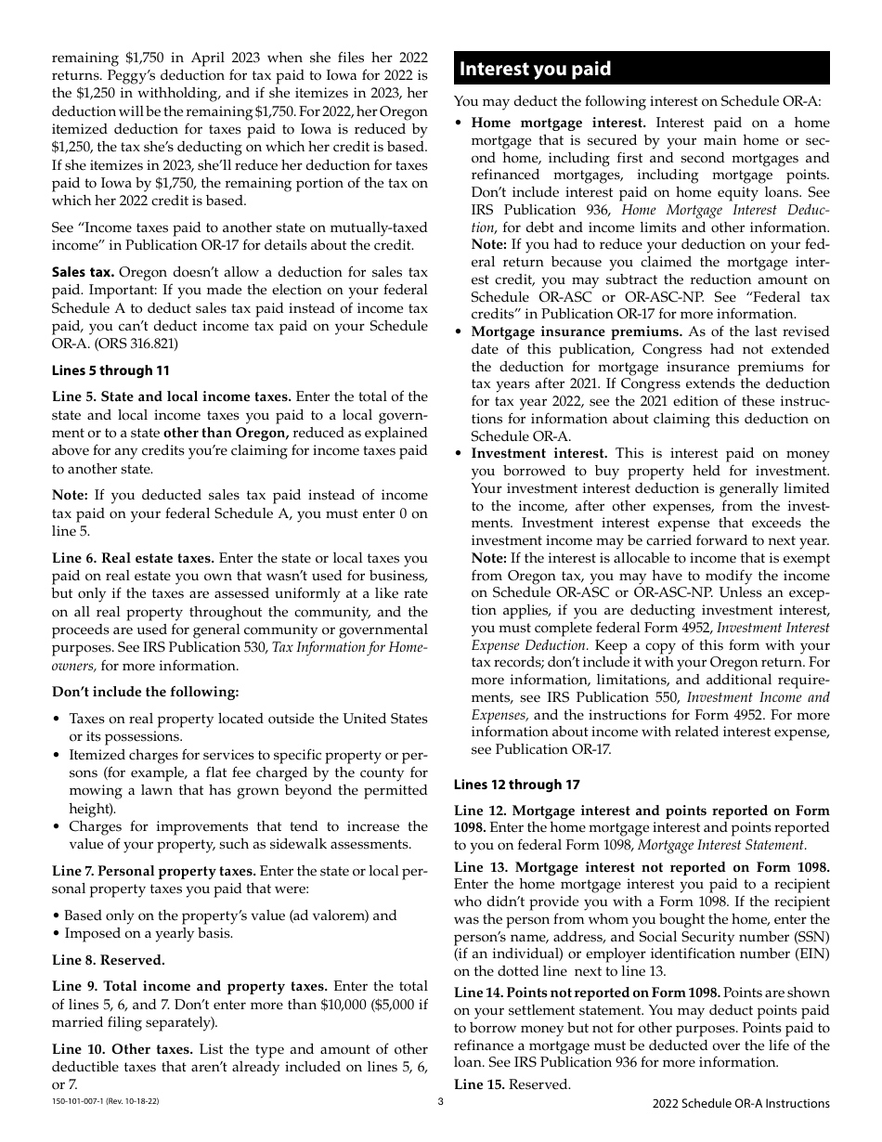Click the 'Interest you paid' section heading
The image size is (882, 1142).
pyautogui.click(x=536, y=69)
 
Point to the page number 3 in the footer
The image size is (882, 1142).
pyautogui.click(x=441, y=1102)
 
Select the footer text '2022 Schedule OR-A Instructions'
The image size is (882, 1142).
pyautogui.click(x=740, y=1103)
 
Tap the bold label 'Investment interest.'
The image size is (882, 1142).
pyautogui.click(x=539, y=453)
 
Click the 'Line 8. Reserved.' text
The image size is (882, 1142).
pyautogui.click(x=109, y=960)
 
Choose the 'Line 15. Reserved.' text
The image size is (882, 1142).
pyautogui.click(x=512, y=1084)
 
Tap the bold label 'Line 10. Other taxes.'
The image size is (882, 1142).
pyautogui.click(x=125, y=1049)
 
